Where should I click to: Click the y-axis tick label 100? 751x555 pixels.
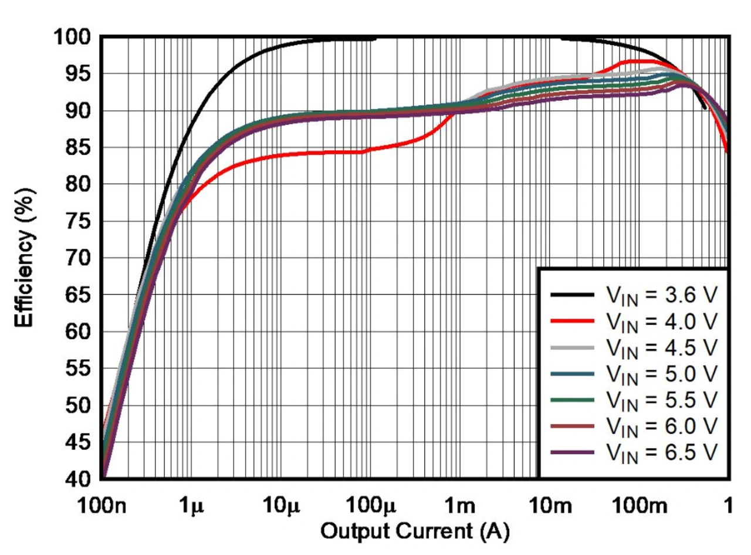(x=73, y=38)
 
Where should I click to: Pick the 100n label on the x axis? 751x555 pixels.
(x=102, y=506)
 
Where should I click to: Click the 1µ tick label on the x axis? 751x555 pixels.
(x=191, y=506)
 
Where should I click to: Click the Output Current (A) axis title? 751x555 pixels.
(x=414, y=533)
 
